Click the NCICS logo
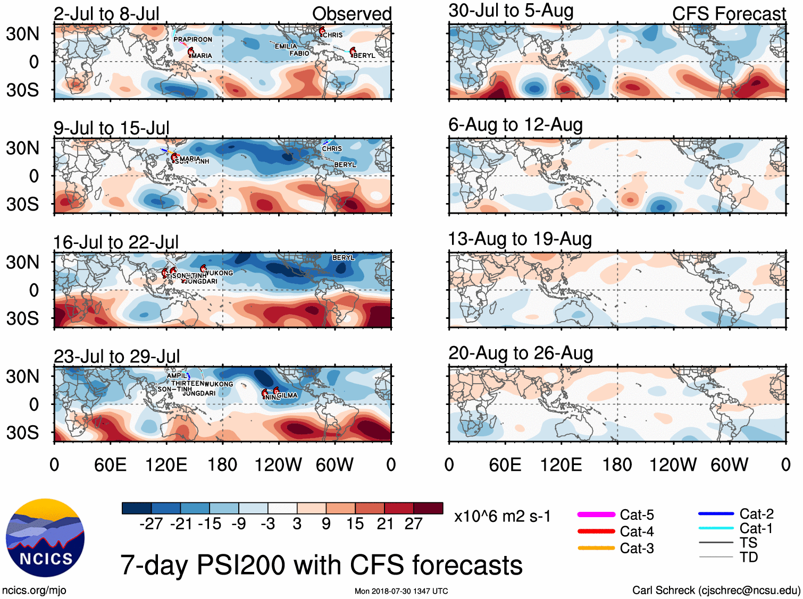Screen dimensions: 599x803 pyautogui.click(x=45, y=537)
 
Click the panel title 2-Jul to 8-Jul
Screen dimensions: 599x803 pyautogui.click(x=106, y=14)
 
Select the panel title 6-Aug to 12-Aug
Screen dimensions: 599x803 pyautogui.click(x=515, y=125)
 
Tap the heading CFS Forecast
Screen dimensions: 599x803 pyautogui.click(x=729, y=14)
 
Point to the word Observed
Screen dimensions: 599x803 pyautogui.click(x=352, y=14)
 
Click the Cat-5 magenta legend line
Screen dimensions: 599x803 pyautogui.click(x=596, y=514)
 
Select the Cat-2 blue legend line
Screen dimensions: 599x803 pyautogui.click(x=716, y=513)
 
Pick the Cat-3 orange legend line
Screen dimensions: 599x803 pyautogui.click(x=596, y=548)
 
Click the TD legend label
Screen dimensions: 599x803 pyautogui.click(x=748, y=557)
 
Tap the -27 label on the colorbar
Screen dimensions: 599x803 pyautogui.click(x=151, y=524)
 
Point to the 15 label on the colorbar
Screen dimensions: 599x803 pyautogui.click(x=355, y=524)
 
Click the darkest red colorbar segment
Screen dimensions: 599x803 pyautogui.click(x=428, y=508)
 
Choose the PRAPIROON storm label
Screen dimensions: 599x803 pyautogui.click(x=193, y=39)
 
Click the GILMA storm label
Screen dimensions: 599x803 pyautogui.click(x=287, y=395)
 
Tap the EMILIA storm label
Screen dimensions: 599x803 pyautogui.click(x=286, y=46)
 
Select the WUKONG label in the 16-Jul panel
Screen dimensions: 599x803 pyautogui.click(x=219, y=273)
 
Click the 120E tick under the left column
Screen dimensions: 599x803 pyautogui.click(x=166, y=465)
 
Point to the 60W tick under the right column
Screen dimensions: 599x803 pyautogui.click(x=729, y=465)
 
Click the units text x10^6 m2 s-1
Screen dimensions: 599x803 pyautogui.click(x=502, y=517)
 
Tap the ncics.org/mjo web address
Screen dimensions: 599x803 pyautogui.click(x=34, y=590)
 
